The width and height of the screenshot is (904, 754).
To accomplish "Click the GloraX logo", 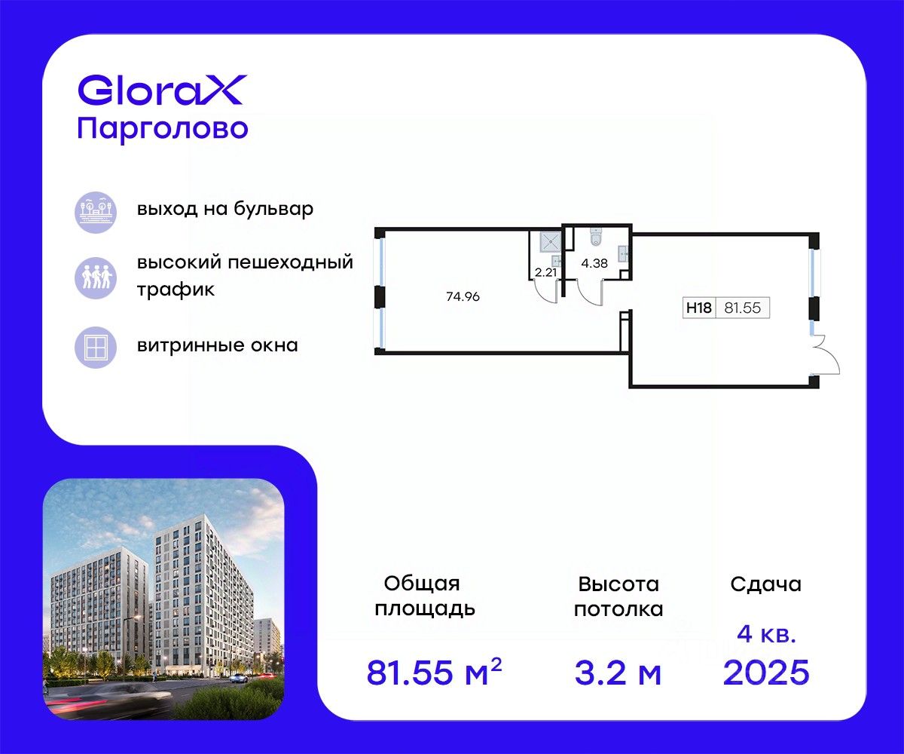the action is coord(163,90).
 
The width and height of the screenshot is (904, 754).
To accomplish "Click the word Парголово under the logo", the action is coord(163,130).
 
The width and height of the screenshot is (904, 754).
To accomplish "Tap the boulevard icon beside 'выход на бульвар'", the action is coord(96,213).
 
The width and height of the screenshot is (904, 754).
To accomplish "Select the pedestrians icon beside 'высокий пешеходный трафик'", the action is coord(96,277).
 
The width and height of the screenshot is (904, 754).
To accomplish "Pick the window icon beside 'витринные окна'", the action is coord(96,348).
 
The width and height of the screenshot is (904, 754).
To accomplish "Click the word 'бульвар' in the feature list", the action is coord(273,209).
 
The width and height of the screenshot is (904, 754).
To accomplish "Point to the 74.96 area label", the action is coord(463,296).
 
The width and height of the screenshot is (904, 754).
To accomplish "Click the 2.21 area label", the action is coord(545,272).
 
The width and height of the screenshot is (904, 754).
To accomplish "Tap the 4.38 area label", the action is coord(594,263).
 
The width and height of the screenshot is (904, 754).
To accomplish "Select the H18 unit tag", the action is coord(699,308).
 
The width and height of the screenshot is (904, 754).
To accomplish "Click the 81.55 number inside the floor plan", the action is coord(743,308).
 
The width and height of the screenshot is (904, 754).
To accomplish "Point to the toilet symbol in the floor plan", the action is coord(596,238).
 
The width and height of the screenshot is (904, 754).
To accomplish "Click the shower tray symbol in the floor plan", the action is coord(550,242).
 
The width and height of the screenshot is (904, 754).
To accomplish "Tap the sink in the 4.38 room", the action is coord(624,253).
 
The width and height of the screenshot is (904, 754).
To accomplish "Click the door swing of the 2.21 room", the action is coord(546,291).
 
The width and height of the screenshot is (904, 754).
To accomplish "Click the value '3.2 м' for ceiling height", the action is coord(618,673).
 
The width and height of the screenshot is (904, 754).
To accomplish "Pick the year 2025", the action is coord(766,673).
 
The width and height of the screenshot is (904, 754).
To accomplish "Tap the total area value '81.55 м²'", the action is coord(434,671).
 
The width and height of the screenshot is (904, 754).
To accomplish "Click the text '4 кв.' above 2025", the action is coord(766,635).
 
